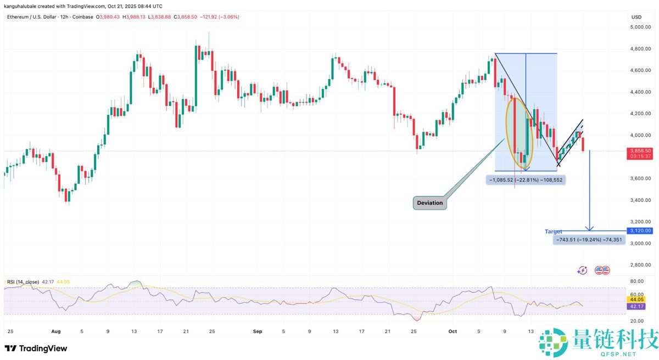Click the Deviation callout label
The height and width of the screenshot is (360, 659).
429,203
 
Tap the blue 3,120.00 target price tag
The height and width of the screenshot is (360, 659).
640,231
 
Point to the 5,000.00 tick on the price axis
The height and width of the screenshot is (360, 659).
640,27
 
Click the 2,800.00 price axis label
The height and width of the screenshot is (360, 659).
640,265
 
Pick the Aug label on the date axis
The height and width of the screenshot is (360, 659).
55,331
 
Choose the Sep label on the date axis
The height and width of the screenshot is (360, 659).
254,331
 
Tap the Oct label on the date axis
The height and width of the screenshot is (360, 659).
453,331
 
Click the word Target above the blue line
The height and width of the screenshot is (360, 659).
553,232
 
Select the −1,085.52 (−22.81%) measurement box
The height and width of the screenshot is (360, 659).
524,179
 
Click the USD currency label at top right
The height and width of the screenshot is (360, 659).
636,17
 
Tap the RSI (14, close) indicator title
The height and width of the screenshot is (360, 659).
23,282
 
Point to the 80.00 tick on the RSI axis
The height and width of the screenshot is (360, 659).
637,281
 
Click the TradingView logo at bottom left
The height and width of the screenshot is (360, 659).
36,348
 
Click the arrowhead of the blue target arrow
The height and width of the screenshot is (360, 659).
589,228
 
